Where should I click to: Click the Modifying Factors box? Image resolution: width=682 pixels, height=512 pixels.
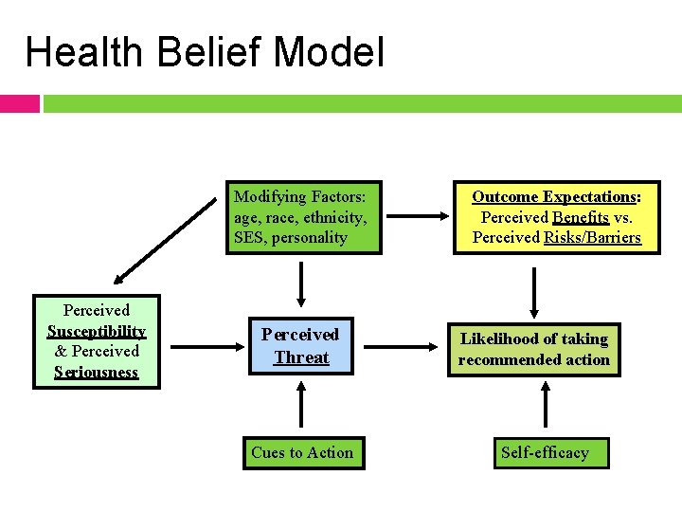[x=302, y=217]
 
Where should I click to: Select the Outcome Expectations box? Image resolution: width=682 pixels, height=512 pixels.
[x=556, y=217]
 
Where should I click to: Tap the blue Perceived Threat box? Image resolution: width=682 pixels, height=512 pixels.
[x=301, y=346]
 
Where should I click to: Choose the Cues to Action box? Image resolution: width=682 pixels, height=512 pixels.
[x=302, y=453]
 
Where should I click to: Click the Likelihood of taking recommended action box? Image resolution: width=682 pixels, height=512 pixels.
[x=534, y=349]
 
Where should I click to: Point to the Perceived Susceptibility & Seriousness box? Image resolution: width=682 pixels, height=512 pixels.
[x=96, y=341]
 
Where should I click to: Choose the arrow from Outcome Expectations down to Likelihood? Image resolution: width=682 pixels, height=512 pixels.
[x=534, y=291]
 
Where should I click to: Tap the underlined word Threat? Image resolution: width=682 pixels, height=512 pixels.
[x=301, y=357]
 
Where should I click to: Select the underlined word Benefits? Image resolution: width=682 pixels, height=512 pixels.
[x=581, y=217]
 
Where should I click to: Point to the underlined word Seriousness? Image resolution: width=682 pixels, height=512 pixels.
[x=96, y=372]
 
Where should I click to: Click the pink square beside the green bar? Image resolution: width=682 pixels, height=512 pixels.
[x=20, y=102]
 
